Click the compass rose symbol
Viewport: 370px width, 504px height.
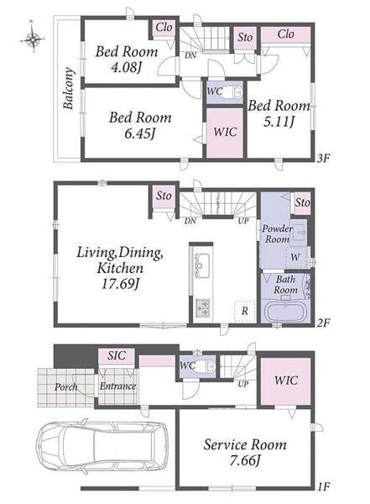click(x=33, y=39)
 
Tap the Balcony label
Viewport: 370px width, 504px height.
click(x=69, y=88)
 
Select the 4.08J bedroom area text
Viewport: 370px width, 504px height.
click(x=126, y=68)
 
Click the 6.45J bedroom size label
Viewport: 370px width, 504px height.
click(x=140, y=134)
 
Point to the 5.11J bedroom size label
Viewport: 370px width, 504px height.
click(x=279, y=122)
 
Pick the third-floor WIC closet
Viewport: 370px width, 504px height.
click(x=225, y=133)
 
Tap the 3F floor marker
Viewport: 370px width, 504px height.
click(x=323, y=158)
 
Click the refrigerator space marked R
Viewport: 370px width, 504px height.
click(x=245, y=311)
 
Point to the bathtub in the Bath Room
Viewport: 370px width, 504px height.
click(x=285, y=312)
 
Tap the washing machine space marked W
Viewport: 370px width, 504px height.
click(x=295, y=257)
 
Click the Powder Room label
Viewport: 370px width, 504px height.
click(x=277, y=234)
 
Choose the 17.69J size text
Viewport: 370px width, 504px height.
click(x=120, y=284)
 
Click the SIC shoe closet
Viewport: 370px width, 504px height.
click(x=117, y=356)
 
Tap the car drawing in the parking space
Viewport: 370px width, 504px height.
click(x=102, y=447)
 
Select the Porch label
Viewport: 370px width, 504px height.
click(x=65, y=387)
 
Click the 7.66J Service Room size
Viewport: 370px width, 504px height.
click(x=244, y=460)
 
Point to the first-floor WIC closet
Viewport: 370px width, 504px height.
click(x=285, y=381)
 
